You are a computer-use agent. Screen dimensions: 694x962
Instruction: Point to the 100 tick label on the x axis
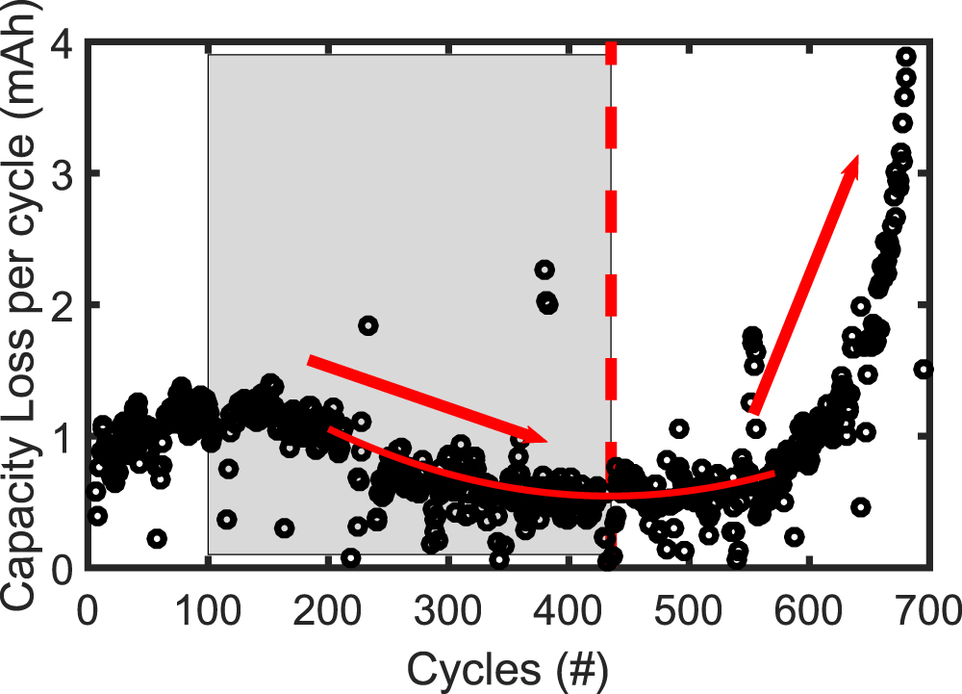click(x=208, y=610)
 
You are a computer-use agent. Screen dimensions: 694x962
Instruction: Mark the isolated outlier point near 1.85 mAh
click(x=367, y=325)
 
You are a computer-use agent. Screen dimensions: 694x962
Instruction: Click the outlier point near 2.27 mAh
click(x=544, y=270)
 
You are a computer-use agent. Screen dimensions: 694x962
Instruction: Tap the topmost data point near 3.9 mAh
click(x=906, y=56)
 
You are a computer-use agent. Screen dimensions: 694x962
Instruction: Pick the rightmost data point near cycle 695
click(x=924, y=369)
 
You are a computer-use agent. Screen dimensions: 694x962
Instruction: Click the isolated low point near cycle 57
click(x=158, y=538)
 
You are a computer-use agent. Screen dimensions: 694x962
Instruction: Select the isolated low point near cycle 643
click(x=861, y=506)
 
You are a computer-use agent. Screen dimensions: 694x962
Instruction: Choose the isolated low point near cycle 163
click(x=284, y=527)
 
